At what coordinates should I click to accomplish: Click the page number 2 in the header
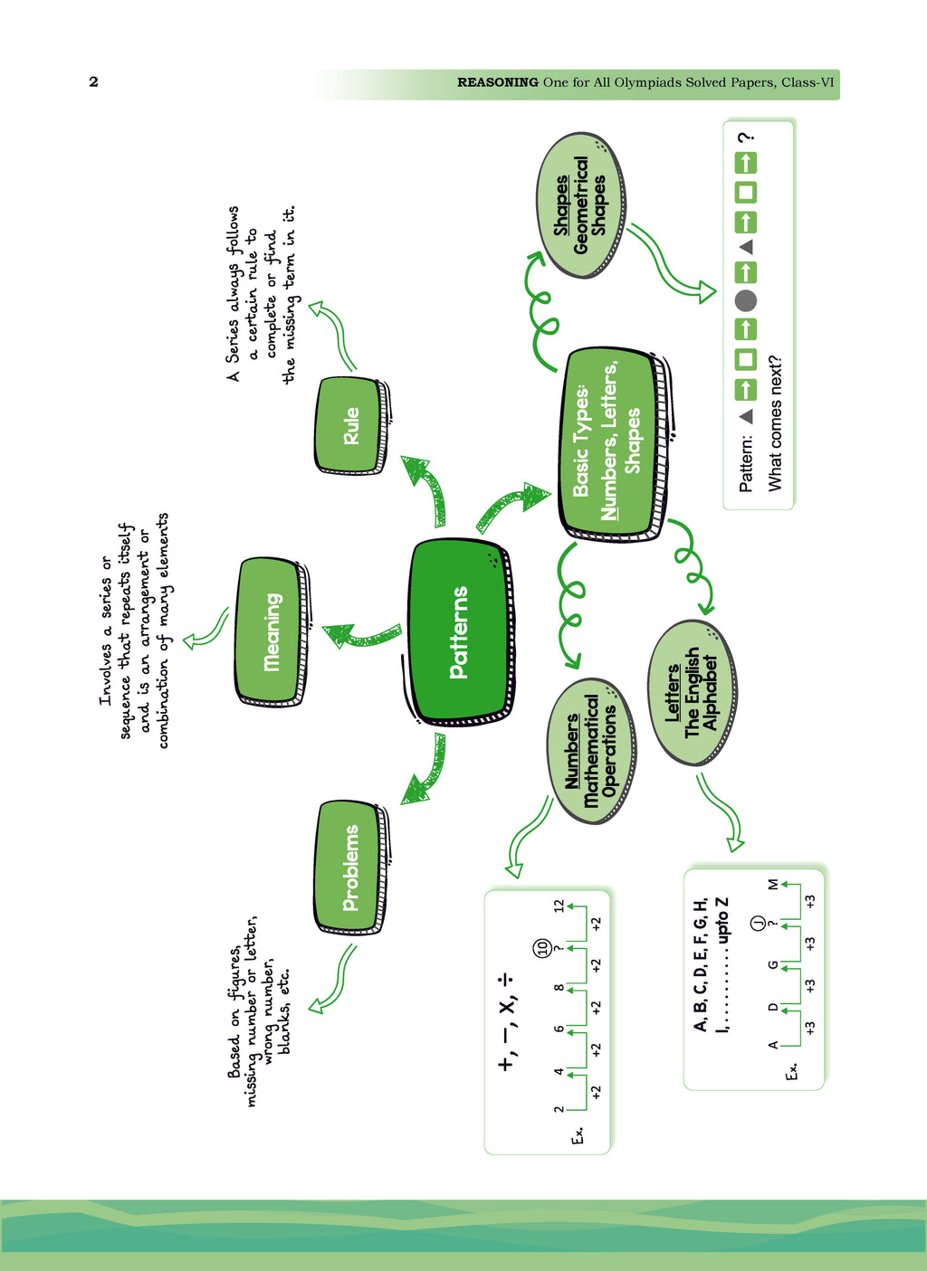pos(93,82)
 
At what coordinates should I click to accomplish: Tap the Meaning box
pos(272,631)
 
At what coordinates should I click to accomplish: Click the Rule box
pos(352,425)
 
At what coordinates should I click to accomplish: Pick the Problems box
pos(352,868)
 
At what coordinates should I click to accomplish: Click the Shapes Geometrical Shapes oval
pos(580,205)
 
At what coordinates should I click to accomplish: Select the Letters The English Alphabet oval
pos(692,693)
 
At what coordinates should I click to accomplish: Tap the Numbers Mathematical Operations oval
pos(591,751)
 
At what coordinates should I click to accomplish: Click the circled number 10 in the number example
pos(542,947)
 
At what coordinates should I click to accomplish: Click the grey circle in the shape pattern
pos(746,300)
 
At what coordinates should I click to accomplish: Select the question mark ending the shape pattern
pos(746,138)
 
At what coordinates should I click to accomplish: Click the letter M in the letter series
pos(772,884)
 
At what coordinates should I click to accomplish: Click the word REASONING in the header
pos(498,82)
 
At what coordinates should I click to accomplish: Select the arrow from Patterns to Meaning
pos(361,635)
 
